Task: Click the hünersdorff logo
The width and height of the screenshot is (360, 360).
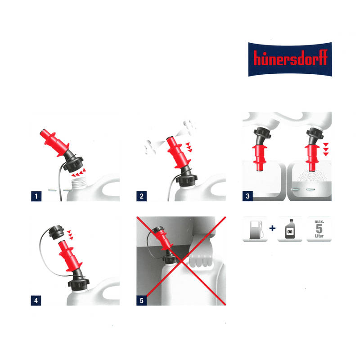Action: point(290,59)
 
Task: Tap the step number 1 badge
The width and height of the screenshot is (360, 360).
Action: point(36,196)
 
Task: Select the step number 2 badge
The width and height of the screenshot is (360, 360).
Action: point(142,196)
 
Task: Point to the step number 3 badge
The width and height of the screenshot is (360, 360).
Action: point(248,196)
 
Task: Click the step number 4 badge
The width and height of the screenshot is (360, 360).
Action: point(36,300)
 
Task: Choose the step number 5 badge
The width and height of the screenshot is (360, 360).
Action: point(142,300)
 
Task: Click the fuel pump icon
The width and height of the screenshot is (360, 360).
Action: point(255,229)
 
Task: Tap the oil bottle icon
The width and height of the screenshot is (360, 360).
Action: point(290,229)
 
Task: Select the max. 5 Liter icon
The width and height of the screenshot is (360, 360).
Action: point(319,229)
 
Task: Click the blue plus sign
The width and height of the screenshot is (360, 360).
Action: point(273,228)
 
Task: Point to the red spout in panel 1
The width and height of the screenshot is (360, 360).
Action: point(54,143)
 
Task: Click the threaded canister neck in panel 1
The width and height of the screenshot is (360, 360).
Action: point(80,184)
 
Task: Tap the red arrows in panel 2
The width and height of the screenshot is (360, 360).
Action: point(189,147)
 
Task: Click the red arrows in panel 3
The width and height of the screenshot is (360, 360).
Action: point(326,149)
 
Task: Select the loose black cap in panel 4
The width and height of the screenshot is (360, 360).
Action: point(57,232)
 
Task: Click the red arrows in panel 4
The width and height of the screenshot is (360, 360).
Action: point(70,235)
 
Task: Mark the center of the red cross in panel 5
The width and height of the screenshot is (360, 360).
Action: point(181,261)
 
